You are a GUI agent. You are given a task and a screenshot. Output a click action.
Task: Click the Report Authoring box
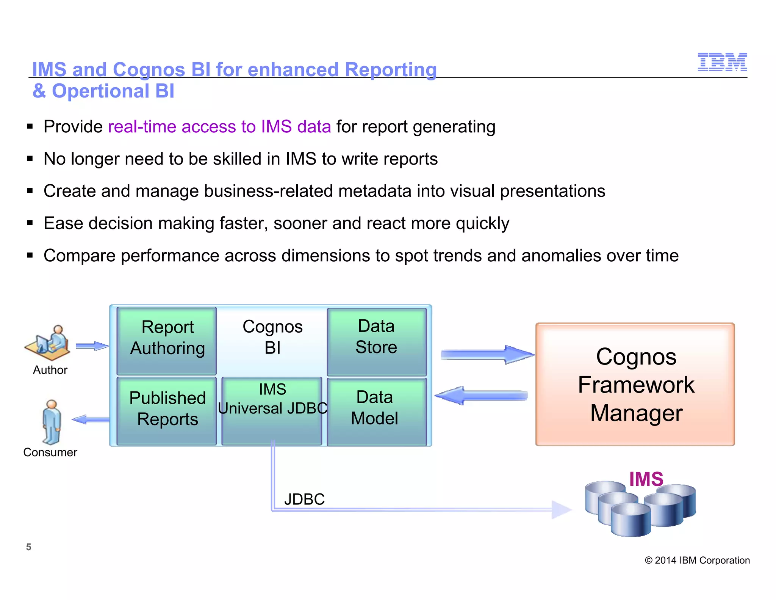coord(167,341)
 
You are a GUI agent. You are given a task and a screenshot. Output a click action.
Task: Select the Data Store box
coord(377,341)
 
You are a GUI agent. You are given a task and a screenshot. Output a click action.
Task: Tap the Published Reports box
coord(167,410)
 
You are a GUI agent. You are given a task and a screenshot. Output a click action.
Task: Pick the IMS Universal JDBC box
coord(272,410)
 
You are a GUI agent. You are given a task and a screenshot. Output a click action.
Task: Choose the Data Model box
coord(377,411)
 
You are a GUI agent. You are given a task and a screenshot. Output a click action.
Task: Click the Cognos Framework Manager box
coord(635,384)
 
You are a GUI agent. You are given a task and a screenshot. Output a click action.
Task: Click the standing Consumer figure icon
coord(51,422)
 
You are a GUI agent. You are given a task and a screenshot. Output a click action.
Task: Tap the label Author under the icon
coord(50,370)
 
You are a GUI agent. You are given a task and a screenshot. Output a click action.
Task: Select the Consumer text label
coord(50,452)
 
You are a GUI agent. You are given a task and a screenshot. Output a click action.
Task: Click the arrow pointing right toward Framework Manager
coord(487,355)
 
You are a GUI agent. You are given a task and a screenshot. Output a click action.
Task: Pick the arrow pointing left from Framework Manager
coord(481,396)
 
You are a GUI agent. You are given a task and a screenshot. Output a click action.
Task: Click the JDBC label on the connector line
coord(304,499)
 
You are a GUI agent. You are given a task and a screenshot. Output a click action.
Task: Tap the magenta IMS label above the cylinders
coord(646,479)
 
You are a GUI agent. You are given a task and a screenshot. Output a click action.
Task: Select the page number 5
coord(28,547)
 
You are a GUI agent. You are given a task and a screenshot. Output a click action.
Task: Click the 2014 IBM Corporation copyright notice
coord(697,560)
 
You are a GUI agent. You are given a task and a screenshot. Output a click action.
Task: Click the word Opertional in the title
coord(100,91)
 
